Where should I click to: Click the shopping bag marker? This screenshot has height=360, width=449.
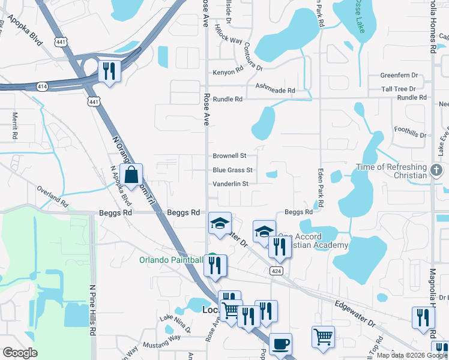[x=131, y=176]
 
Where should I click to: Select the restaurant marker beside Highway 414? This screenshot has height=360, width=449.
[x=109, y=71]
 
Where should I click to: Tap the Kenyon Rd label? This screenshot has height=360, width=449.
[x=228, y=73]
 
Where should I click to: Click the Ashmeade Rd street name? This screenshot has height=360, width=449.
[x=276, y=89]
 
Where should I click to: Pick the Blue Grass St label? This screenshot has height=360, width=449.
[x=232, y=170]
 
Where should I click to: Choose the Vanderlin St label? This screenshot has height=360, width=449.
[x=231, y=184]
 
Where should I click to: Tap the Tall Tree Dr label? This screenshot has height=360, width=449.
[x=403, y=89]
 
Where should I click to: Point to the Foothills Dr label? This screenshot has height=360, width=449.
[x=410, y=131]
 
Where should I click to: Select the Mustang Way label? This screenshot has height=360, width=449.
[x=161, y=338]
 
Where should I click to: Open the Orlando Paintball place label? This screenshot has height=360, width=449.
[x=171, y=260]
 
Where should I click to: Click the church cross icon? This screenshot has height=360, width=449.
[x=438, y=170]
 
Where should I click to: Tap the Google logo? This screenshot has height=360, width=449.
[x=20, y=353]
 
